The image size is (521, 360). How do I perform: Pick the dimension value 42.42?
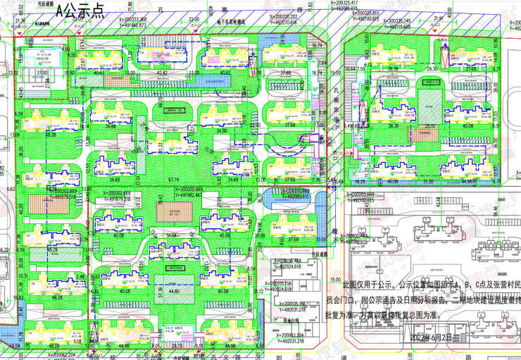click(x=162, y=72)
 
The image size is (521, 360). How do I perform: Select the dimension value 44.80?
click(x=174, y=290)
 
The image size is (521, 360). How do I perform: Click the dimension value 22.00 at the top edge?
click(x=194, y=19)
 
